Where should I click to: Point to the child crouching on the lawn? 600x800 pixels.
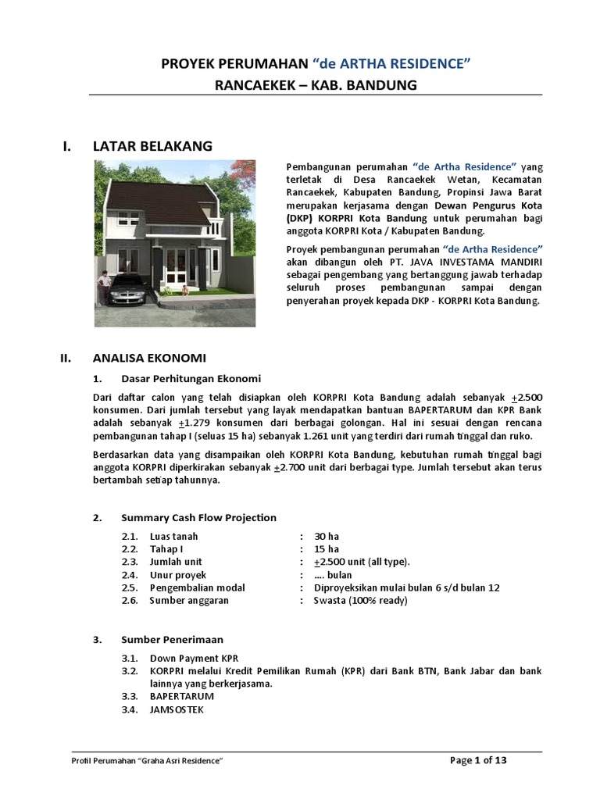[184, 291]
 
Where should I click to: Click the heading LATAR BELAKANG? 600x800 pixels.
[152, 145]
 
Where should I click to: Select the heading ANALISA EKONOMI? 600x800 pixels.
[148, 359]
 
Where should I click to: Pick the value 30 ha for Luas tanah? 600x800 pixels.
[327, 536]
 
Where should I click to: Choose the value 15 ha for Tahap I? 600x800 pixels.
[327, 548]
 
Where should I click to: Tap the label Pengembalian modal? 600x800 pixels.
[198, 587]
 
